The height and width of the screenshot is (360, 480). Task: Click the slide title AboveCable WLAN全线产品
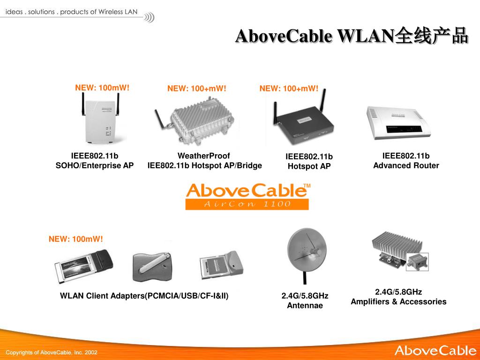tap(352, 36)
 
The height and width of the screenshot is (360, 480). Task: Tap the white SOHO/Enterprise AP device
tap(102, 123)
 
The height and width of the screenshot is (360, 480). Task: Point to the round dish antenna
tap(306, 253)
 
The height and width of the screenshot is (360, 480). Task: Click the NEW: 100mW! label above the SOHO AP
tap(102, 88)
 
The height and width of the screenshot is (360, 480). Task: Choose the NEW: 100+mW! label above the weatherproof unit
tap(197, 89)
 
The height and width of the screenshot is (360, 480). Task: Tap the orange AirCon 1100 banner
tap(247, 204)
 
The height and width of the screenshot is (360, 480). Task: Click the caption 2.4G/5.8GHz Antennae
tap(305, 300)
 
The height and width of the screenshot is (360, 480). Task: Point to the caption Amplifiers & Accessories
tap(398, 302)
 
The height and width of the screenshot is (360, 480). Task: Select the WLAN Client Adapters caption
tap(144, 296)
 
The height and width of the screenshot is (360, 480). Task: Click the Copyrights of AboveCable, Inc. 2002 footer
tap(52, 352)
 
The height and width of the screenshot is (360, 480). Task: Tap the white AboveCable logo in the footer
tap(435, 351)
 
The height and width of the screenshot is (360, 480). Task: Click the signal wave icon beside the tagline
tap(149, 18)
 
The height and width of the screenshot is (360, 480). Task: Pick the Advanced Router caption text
tap(406, 165)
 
